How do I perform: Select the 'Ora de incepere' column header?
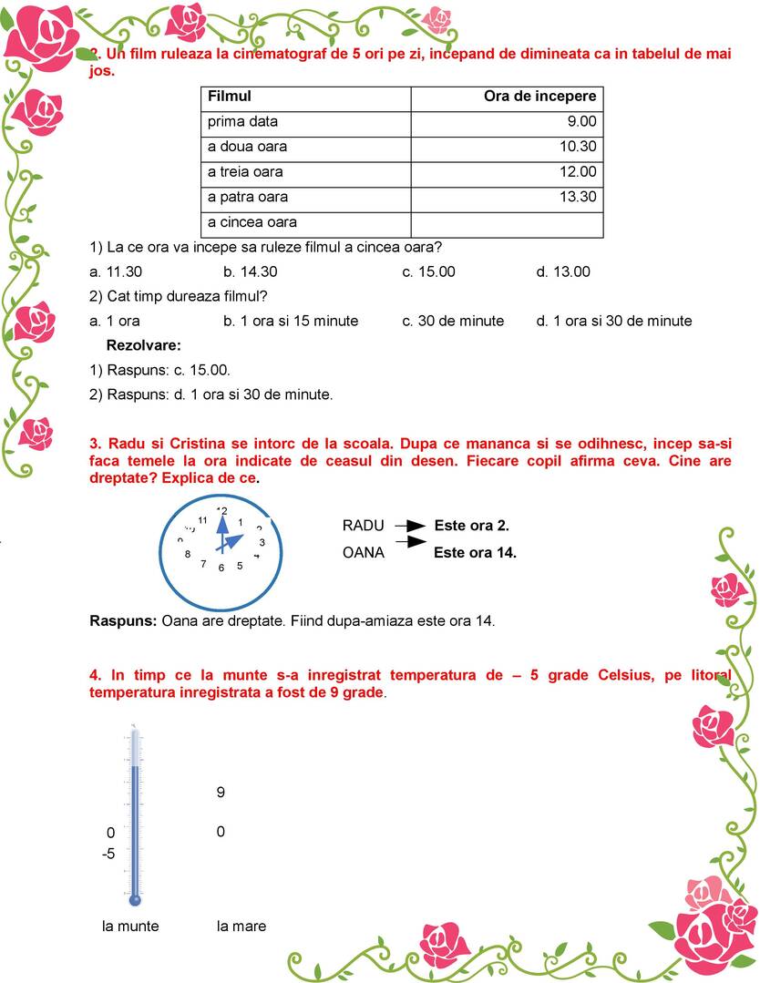click(539, 97)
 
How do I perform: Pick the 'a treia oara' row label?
click(245, 172)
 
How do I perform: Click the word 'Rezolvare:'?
click(144, 345)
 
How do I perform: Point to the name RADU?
click(363, 526)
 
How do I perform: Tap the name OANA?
click(363, 552)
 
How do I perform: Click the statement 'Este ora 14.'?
click(475, 552)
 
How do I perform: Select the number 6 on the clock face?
click(221, 568)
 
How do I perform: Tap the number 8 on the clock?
click(188, 554)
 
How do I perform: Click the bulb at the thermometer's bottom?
click(135, 900)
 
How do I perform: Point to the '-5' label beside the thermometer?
click(108, 855)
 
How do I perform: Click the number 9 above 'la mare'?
click(221, 793)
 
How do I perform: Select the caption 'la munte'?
click(130, 927)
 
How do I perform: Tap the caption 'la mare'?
click(241, 927)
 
